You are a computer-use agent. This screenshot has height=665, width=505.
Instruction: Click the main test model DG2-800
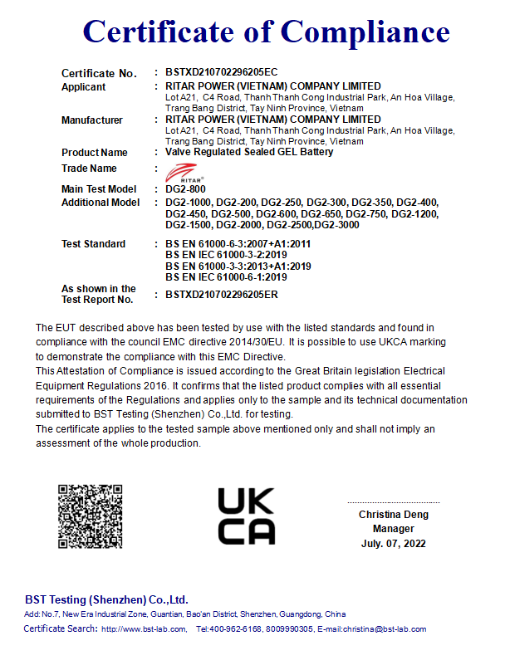(184, 189)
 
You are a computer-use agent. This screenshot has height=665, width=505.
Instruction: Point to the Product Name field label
(95, 153)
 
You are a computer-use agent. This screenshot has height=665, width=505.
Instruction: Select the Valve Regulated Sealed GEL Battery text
(249, 153)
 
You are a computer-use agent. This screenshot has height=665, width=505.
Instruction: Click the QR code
(90, 516)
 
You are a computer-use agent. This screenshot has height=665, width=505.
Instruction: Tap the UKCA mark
(246, 516)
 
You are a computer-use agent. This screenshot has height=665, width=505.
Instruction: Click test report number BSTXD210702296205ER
(222, 294)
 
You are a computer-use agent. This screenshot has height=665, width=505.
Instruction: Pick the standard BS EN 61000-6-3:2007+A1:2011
(238, 244)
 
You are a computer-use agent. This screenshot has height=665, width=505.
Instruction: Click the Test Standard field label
(94, 244)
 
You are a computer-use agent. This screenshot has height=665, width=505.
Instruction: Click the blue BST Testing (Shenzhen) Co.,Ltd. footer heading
(106, 599)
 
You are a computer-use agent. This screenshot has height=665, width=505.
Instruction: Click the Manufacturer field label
(92, 120)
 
